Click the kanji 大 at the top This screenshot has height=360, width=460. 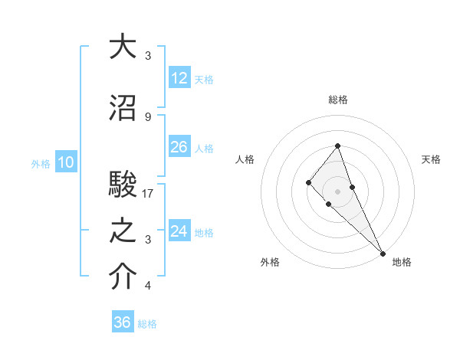123,47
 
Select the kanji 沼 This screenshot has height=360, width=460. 123,109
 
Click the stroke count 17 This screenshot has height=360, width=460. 148,194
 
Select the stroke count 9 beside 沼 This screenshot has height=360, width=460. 148,117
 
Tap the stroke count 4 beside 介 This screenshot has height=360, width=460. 148,286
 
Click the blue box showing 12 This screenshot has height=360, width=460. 179,78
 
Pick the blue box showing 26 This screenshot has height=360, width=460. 179,147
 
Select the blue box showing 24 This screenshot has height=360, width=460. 179,231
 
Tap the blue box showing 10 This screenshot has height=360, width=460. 65,162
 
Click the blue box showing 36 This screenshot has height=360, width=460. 123,322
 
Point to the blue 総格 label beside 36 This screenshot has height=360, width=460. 147,324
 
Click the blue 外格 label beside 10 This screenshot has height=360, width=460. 40,163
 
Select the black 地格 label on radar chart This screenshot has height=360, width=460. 402,262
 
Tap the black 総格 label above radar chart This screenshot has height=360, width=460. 338,100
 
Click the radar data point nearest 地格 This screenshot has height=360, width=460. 382,253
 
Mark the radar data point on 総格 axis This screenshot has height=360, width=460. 338,146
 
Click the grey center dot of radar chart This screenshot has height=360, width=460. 338,191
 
